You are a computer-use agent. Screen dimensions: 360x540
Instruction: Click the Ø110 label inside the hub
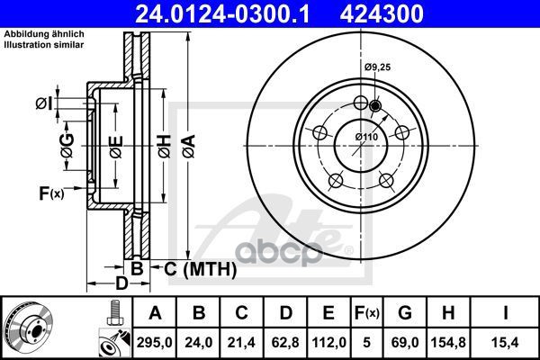366,136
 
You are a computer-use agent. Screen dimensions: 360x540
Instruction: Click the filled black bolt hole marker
375,105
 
